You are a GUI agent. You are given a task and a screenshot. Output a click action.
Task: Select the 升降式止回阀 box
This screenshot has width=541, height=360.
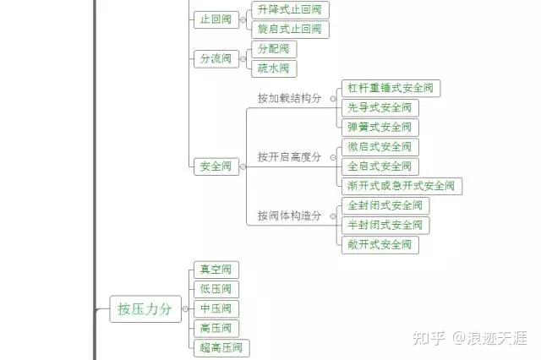tap(290, 10)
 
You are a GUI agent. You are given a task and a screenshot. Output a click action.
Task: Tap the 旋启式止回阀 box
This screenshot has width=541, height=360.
tap(290, 30)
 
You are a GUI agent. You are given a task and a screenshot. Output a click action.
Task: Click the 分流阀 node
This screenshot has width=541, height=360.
tap(216, 58)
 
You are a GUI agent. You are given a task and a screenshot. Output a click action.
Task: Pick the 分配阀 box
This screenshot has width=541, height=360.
tap(274, 49)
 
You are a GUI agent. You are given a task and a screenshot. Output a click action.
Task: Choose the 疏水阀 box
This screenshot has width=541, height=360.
tap(274, 68)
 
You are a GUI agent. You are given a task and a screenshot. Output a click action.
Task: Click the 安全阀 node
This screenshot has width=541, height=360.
tap(216, 166)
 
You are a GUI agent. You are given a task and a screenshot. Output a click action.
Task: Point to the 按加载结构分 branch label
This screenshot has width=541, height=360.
tap(289, 98)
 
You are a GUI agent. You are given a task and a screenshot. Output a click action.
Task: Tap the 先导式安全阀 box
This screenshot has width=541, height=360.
tap(380, 107)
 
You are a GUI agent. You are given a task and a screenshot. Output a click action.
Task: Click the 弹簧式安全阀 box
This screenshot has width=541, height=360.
tap(380, 127)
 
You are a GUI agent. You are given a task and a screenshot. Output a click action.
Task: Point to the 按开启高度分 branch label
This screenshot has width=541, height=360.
tap(289, 157)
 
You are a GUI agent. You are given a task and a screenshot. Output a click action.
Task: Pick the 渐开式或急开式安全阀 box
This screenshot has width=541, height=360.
tap(402, 186)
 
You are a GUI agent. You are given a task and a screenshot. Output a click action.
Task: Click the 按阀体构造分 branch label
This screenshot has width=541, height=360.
tap(289, 216)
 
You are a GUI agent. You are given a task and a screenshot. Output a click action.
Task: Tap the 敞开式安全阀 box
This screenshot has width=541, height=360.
tap(380, 245)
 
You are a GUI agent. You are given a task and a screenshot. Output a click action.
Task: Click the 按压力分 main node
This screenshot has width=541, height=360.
tap(145, 309)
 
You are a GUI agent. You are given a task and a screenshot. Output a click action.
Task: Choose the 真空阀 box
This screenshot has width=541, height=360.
tap(216, 270)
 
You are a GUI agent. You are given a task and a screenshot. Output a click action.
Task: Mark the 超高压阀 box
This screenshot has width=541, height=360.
tap(221, 347)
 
